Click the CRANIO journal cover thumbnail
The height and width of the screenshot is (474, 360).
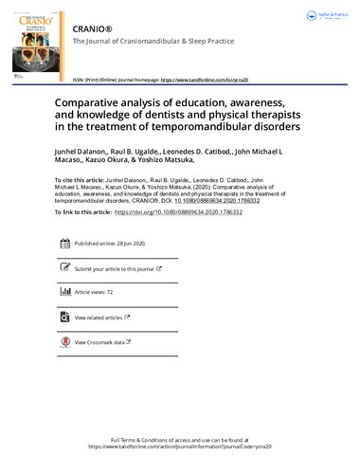(x=29, y=42)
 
